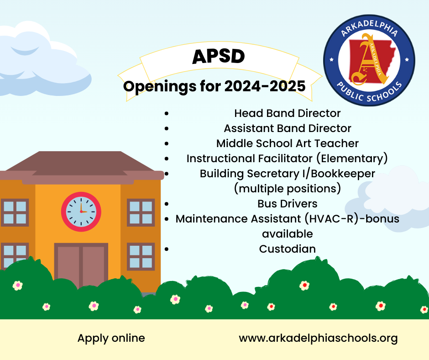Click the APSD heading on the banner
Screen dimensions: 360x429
click(219, 57)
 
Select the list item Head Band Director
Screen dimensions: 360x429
click(287, 113)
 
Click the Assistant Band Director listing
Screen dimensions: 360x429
click(287, 128)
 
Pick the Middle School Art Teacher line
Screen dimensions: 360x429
click(287, 143)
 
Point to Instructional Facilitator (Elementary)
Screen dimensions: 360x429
click(287, 159)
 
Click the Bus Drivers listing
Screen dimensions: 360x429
click(287, 203)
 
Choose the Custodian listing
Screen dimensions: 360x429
click(287, 249)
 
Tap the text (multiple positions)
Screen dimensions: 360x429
click(287, 188)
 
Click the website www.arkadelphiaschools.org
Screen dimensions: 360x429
click(318, 339)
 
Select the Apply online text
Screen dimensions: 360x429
click(111, 339)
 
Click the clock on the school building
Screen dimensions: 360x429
click(81, 212)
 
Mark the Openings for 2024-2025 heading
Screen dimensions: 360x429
click(214, 86)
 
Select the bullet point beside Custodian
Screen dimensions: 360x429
click(167, 249)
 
